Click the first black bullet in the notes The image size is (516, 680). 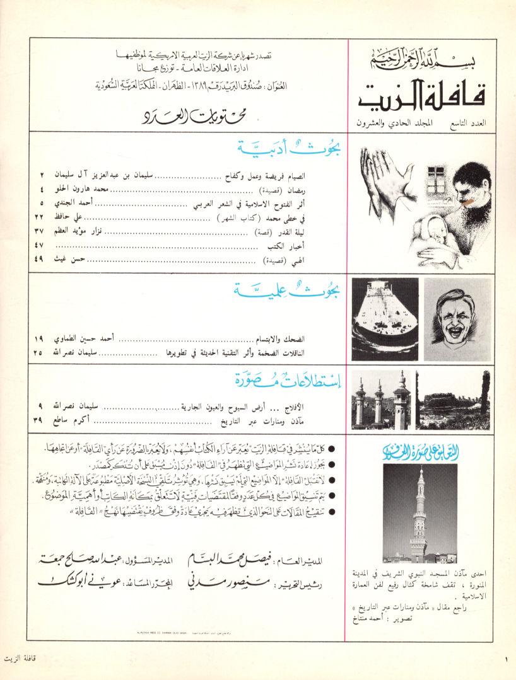click(332, 450)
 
